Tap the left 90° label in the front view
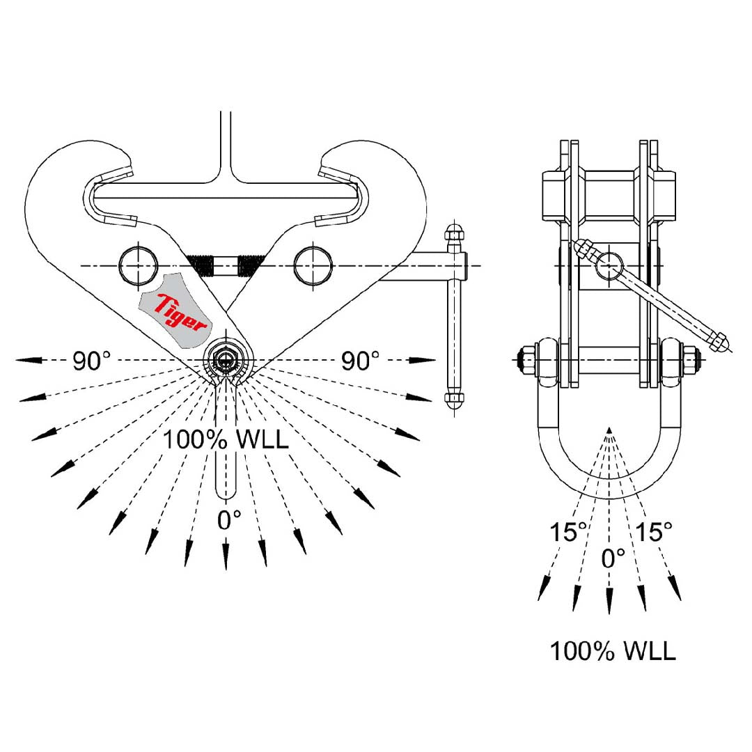pyautogui.click(x=91, y=360)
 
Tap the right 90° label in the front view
pyautogui.click(x=361, y=360)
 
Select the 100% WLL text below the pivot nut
pyautogui.click(x=226, y=439)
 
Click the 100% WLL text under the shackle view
pyautogui.click(x=613, y=651)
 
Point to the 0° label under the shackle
pyautogui.click(x=613, y=557)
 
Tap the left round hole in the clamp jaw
pyautogui.click(x=138, y=265)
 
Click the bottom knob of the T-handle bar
pyautogui.click(x=453, y=400)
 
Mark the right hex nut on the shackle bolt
pyautogui.click(x=691, y=360)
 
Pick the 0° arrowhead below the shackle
pyautogui.click(x=609, y=602)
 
